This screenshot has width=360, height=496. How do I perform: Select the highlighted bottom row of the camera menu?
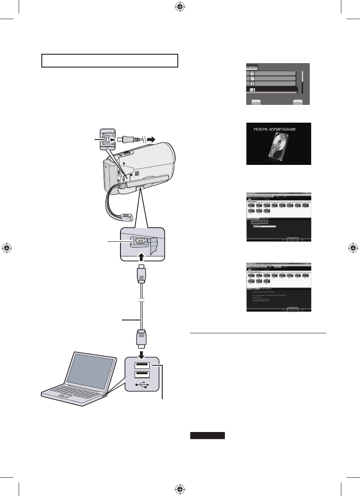point(271,90)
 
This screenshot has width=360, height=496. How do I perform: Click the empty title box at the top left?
point(110,60)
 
